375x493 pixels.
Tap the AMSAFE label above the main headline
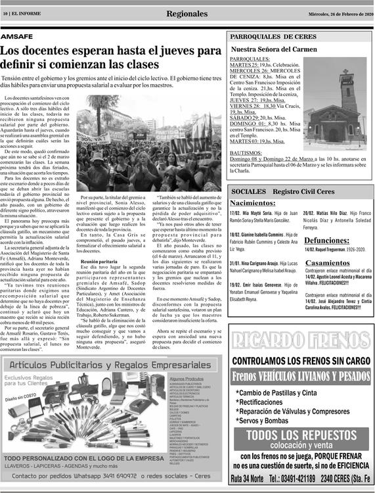[18, 37]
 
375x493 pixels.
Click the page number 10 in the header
[5, 14]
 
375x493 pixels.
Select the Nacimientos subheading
[252, 203]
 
